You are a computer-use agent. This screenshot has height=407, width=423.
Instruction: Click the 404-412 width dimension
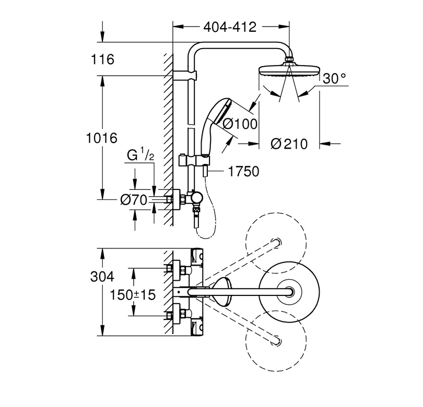click(x=230, y=27)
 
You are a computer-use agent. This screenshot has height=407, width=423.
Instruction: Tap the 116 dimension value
click(x=102, y=59)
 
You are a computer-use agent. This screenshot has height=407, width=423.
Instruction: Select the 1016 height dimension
click(x=102, y=138)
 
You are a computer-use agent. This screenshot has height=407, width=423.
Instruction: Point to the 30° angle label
click(x=334, y=79)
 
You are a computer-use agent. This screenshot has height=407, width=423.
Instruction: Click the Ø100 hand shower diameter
click(x=240, y=124)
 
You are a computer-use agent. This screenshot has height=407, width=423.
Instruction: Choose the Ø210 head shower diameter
click(x=289, y=143)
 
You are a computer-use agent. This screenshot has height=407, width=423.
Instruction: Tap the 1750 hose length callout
click(x=243, y=171)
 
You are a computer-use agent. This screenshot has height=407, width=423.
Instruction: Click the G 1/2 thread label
click(x=140, y=155)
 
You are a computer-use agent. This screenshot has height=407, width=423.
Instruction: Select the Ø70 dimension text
click(x=134, y=200)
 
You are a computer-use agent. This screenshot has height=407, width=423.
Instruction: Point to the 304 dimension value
click(x=102, y=277)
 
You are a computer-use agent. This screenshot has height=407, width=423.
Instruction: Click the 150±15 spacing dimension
click(x=133, y=295)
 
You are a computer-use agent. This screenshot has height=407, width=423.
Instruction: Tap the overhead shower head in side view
click(x=289, y=69)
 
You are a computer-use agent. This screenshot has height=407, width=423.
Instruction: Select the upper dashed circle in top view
click(x=276, y=212)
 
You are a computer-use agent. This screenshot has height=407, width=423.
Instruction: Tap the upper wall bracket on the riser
click(x=185, y=76)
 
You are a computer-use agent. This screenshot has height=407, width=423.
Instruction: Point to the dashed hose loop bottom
click(x=207, y=238)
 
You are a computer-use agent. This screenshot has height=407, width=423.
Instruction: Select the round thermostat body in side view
click(x=197, y=199)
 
